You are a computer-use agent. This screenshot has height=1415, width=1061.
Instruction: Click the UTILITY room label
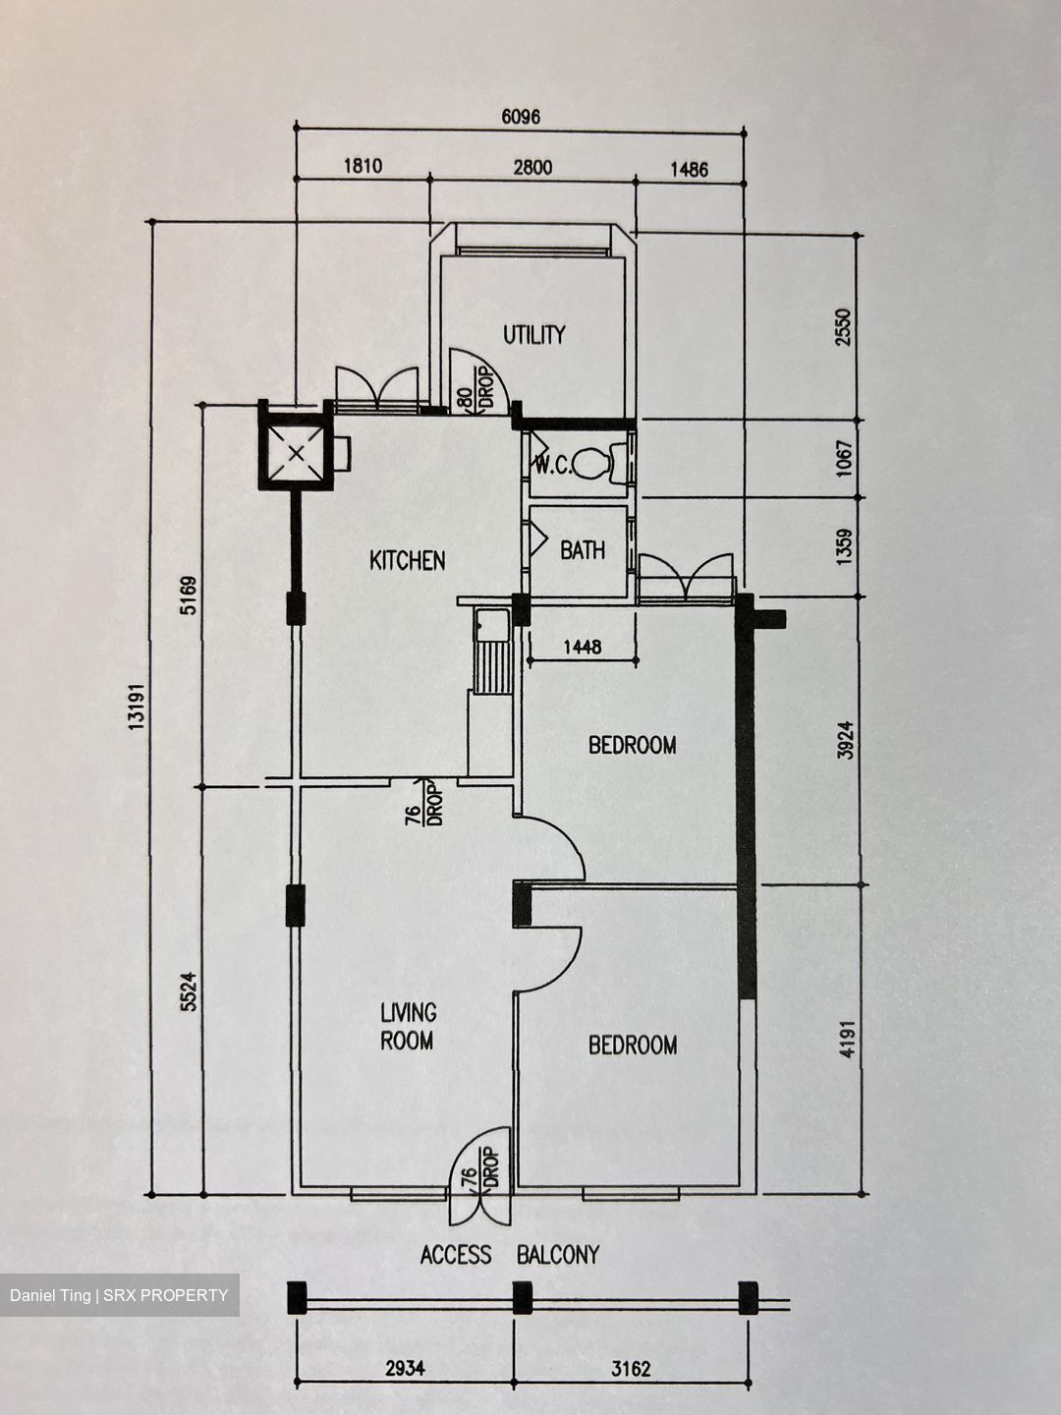(533, 335)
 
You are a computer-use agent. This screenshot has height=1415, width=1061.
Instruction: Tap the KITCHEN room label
(407, 561)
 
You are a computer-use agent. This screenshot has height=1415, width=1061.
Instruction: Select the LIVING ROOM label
(408, 1026)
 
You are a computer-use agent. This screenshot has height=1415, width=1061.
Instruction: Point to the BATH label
(583, 550)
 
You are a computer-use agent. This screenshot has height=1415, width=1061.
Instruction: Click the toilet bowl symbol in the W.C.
(593, 463)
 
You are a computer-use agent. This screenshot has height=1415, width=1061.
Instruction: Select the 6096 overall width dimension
(521, 117)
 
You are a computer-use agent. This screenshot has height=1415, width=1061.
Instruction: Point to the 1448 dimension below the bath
(583, 648)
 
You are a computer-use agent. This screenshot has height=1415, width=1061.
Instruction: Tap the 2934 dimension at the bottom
(405, 1368)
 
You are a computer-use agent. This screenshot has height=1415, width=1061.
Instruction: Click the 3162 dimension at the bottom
(630, 1368)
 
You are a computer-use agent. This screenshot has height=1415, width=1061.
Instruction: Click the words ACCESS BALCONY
(509, 1255)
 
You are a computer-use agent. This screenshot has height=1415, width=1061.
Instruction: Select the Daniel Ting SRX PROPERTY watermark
(119, 1295)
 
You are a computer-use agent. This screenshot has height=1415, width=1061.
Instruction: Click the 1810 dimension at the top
(362, 166)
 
